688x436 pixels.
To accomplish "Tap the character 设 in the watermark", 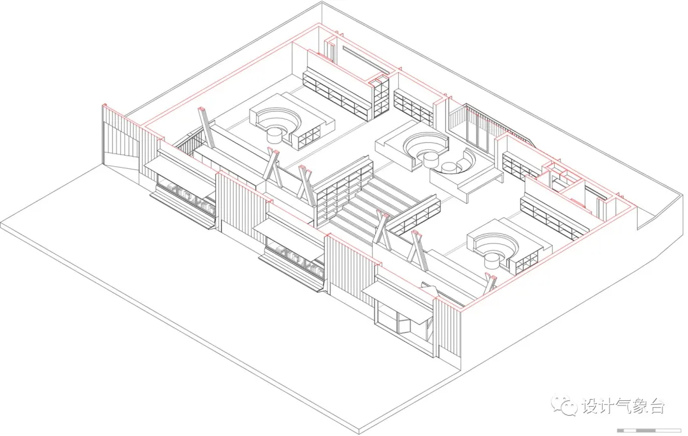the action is [x=590, y=406].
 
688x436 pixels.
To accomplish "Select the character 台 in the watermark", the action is [x=656, y=406].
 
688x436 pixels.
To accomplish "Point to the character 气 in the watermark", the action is [x=623, y=406].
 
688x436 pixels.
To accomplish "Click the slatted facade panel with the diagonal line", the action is [x=120, y=138].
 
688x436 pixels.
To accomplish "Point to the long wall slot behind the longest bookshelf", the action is [x=366, y=60].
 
